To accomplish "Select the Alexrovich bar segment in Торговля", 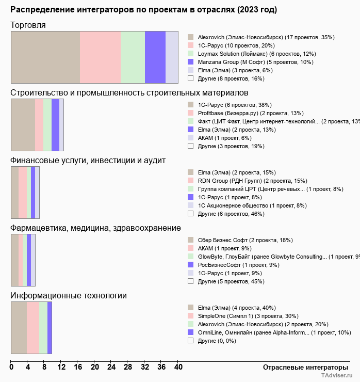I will (45, 57).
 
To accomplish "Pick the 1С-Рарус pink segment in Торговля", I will (100, 57).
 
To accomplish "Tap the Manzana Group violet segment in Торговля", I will (155, 57).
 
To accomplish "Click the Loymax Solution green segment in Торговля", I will (133, 57).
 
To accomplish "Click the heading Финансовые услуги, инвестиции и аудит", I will (88, 161).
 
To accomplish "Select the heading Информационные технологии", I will (69, 296).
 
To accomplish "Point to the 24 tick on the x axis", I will (111, 368).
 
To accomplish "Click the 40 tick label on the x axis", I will (178, 368).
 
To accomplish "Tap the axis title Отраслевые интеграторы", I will (302, 367).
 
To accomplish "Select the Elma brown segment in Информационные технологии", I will (19, 328).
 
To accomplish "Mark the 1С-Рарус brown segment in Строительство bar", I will (23, 125).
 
